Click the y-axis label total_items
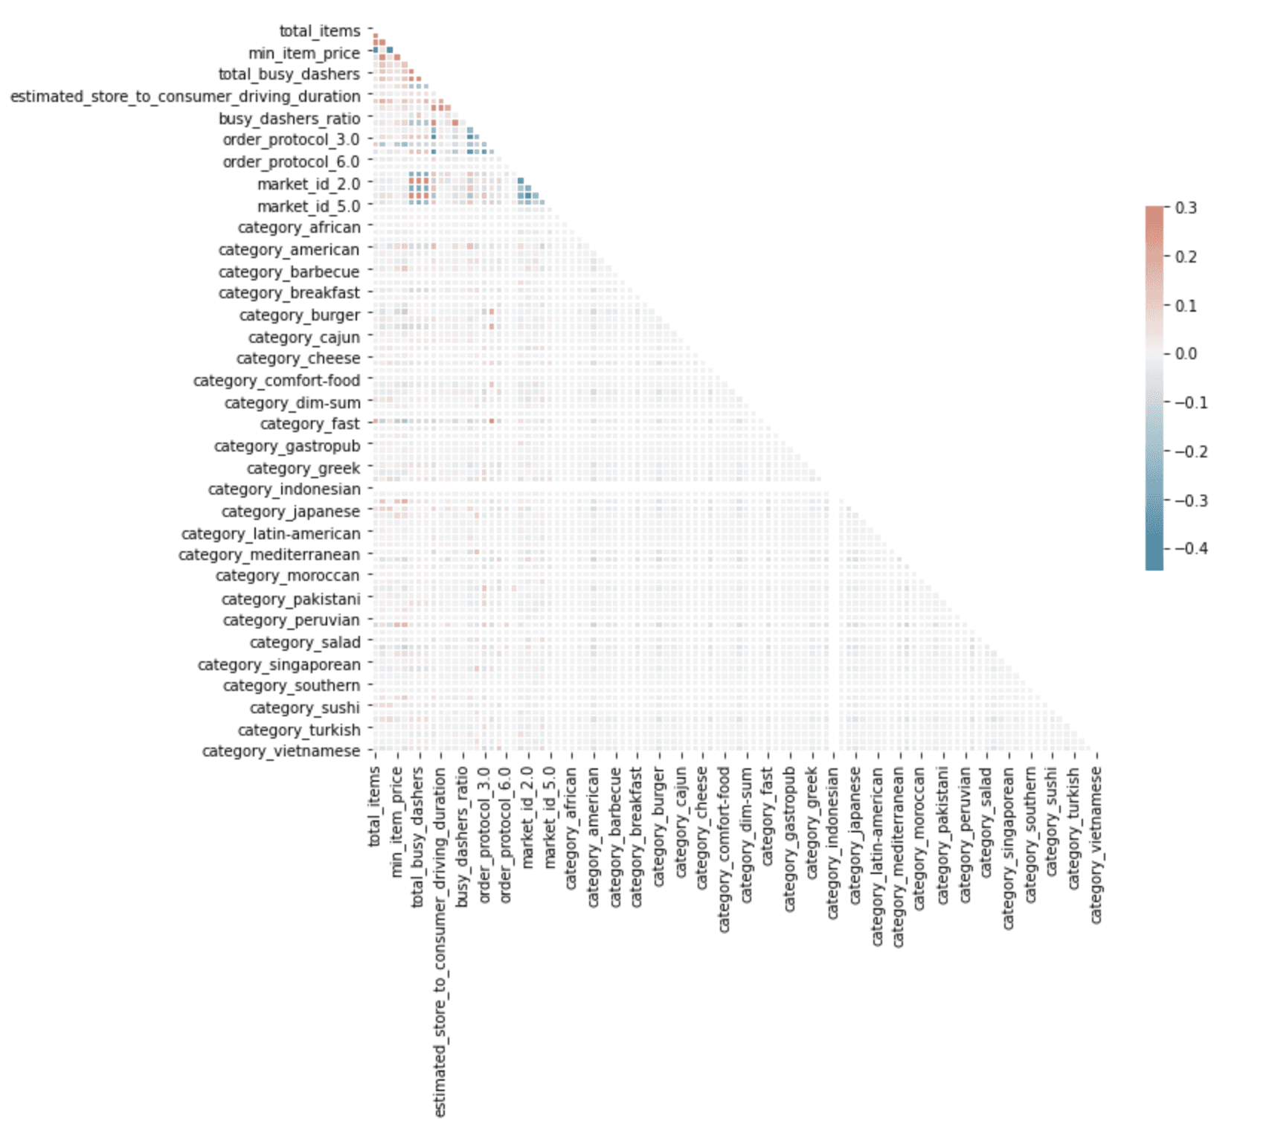(x=319, y=31)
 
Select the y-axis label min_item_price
(x=303, y=54)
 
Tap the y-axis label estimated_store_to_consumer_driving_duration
(x=185, y=97)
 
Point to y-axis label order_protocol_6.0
(x=291, y=162)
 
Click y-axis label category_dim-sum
(x=292, y=403)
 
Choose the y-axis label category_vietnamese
(x=281, y=751)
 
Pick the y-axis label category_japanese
(x=290, y=512)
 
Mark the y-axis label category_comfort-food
(x=277, y=381)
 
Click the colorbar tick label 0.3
(x=1186, y=208)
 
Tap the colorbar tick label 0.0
(x=1186, y=354)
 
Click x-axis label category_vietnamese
(x=1096, y=846)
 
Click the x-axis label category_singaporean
(x=1009, y=849)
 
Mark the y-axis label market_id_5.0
(x=309, y=206)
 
